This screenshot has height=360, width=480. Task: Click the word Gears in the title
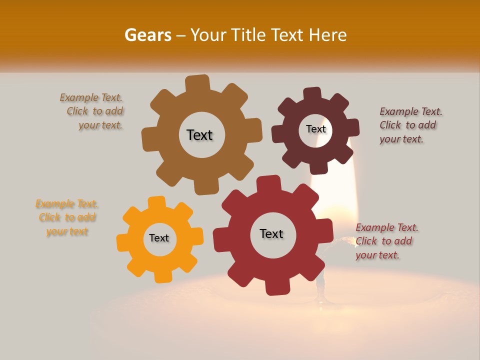(x=147, y=35)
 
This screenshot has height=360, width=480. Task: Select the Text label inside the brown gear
(x=199, y=135)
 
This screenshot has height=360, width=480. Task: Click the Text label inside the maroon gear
(x=315, y=129)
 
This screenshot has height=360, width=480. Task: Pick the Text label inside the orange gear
(x=159, y=238)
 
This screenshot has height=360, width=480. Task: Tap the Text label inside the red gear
(x=271, y=233)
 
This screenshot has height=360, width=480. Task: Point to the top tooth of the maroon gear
(x=312, y=94)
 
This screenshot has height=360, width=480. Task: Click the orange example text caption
(x=67, y=217)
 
